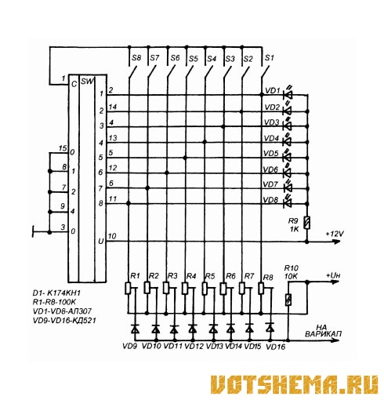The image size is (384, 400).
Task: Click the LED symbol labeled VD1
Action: pyautogui.click(x=288, y=94)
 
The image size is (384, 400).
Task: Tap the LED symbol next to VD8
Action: pyautogui.click(x=288, y=203)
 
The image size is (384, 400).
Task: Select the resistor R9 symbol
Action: pyautogui.click(x=307, y=223)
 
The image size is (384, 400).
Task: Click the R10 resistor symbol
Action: pyautogui.click(x=288, y=300)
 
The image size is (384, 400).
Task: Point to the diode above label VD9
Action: pyautogui.click(x=135, y=329)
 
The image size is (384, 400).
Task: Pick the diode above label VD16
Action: pyautogui.click(x=270, y=328)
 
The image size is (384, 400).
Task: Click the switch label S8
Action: pyautogui.click(x=136, y=57)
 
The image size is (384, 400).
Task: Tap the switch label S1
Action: pyautogui.click(x=270, y=57)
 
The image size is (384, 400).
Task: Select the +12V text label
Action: pyautogui.click(x=335, y=234)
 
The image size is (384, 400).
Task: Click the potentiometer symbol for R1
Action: pyautogui.click(x=128, y=288)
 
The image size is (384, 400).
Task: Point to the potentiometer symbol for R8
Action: pyautogui.click(x=261, y=288)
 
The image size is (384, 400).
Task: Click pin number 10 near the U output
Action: pyautogui.click(x=112, y=236)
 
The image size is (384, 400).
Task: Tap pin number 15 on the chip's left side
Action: pyautogui.click(x=63, y=148)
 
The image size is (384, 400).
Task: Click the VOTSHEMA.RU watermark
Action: pyautogui.click(x=295, y=384)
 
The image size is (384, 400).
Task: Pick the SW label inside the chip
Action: pyautogui.click(x=87, y=82)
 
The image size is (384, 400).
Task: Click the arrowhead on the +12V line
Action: pyautogui.click(x=336, y=242)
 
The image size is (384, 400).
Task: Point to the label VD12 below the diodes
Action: pyautogui.click(x=194, y=346)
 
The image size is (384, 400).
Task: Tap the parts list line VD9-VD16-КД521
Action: pyautogui.click(x=64, y=320)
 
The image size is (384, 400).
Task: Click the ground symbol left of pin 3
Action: pyautogui.click(x=33, y=232)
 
